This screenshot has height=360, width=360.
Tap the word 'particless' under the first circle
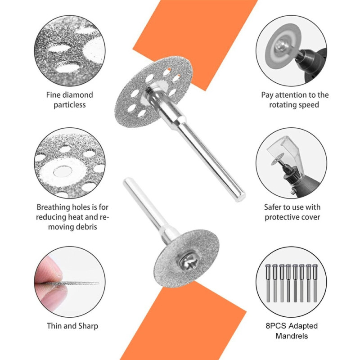[70, 105]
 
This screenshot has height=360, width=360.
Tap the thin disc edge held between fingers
[76, 283]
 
